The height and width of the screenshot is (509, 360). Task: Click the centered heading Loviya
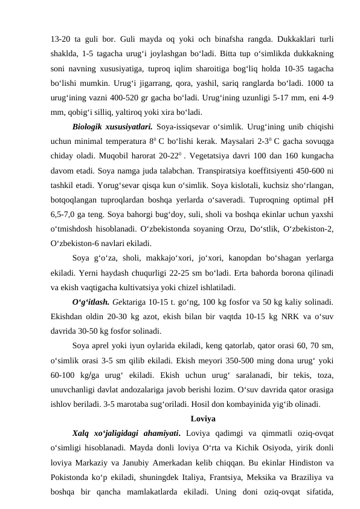tap(203, 418)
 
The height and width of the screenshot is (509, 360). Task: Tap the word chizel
tap(189, 287)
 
